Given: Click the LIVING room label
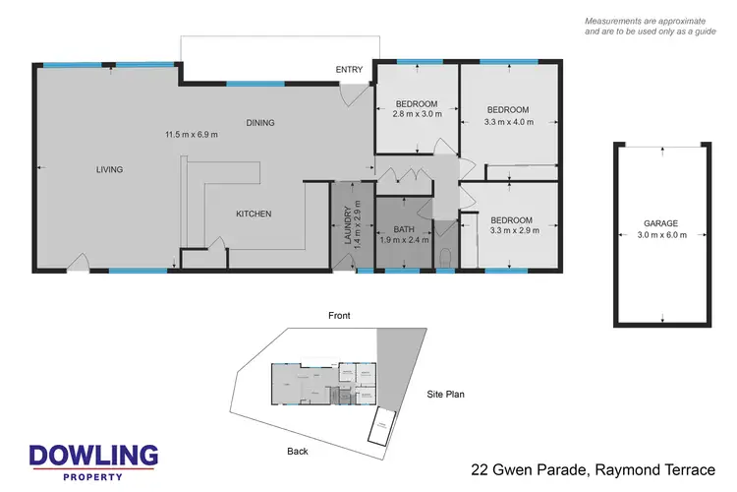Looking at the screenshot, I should click(x=109, y=169).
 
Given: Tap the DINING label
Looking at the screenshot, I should click(x=260, y=123).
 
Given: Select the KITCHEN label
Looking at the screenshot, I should click(x=254, y=214).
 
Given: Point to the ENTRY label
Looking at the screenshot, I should click(x=349, y=69).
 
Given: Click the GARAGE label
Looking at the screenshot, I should click(x=662, y=223).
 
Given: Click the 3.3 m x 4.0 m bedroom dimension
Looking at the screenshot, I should click(x=509, y=121).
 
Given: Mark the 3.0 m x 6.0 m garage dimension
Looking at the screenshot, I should click(x=662, y=235).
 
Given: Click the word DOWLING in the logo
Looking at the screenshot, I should click(x=93, y=456).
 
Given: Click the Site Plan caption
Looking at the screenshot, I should click(x=444, y=395).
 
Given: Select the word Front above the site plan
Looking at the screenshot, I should click(x=338, y=316).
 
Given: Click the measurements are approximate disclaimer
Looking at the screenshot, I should click(x=650, y=27).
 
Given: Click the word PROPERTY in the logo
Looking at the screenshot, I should click(x=93, y=477).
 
